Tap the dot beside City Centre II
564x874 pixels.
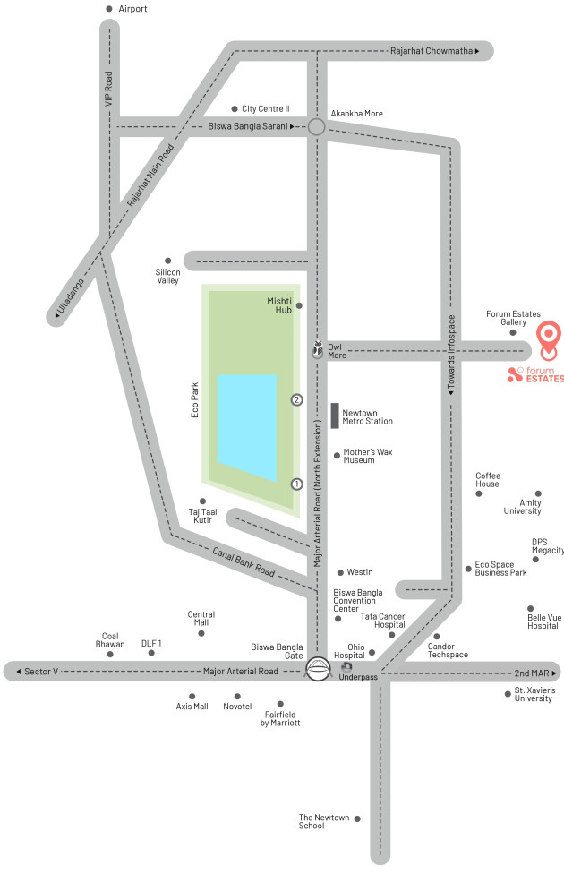point(235,108)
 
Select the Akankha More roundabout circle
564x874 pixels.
point(316,127)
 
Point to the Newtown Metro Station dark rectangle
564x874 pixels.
point(335,416)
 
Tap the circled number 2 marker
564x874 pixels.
point(296,399)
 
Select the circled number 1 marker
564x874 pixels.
point(296,484)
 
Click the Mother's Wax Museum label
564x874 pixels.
point(368,456)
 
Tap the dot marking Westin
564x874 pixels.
point(340,572)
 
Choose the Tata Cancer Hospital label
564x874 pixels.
point(382,621)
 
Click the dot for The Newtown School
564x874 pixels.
point(357,818)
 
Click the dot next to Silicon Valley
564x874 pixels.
point(167,261)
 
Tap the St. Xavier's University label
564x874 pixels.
point(534,694)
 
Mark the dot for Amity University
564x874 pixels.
point(538,493)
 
